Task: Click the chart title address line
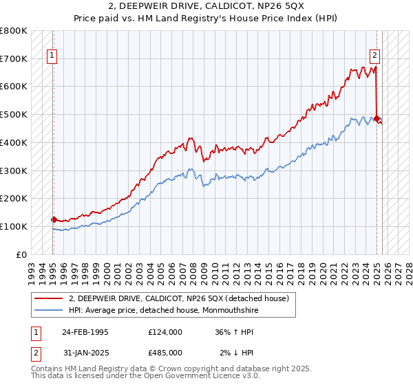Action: pos(206,6)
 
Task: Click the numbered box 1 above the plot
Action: pos(52,57)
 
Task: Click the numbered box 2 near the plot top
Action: pos(375,57)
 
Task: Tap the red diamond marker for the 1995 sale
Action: pos(54,219)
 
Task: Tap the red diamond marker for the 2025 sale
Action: pos(377,118)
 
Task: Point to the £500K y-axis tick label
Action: pos(14,115)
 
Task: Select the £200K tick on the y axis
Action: pos(14,199)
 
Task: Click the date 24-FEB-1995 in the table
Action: pos(85,331)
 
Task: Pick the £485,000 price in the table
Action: pos(165,353)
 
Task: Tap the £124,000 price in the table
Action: pos(165,331)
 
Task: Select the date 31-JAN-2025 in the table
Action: pos(85,353)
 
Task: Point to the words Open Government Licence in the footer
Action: pos(206,376)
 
